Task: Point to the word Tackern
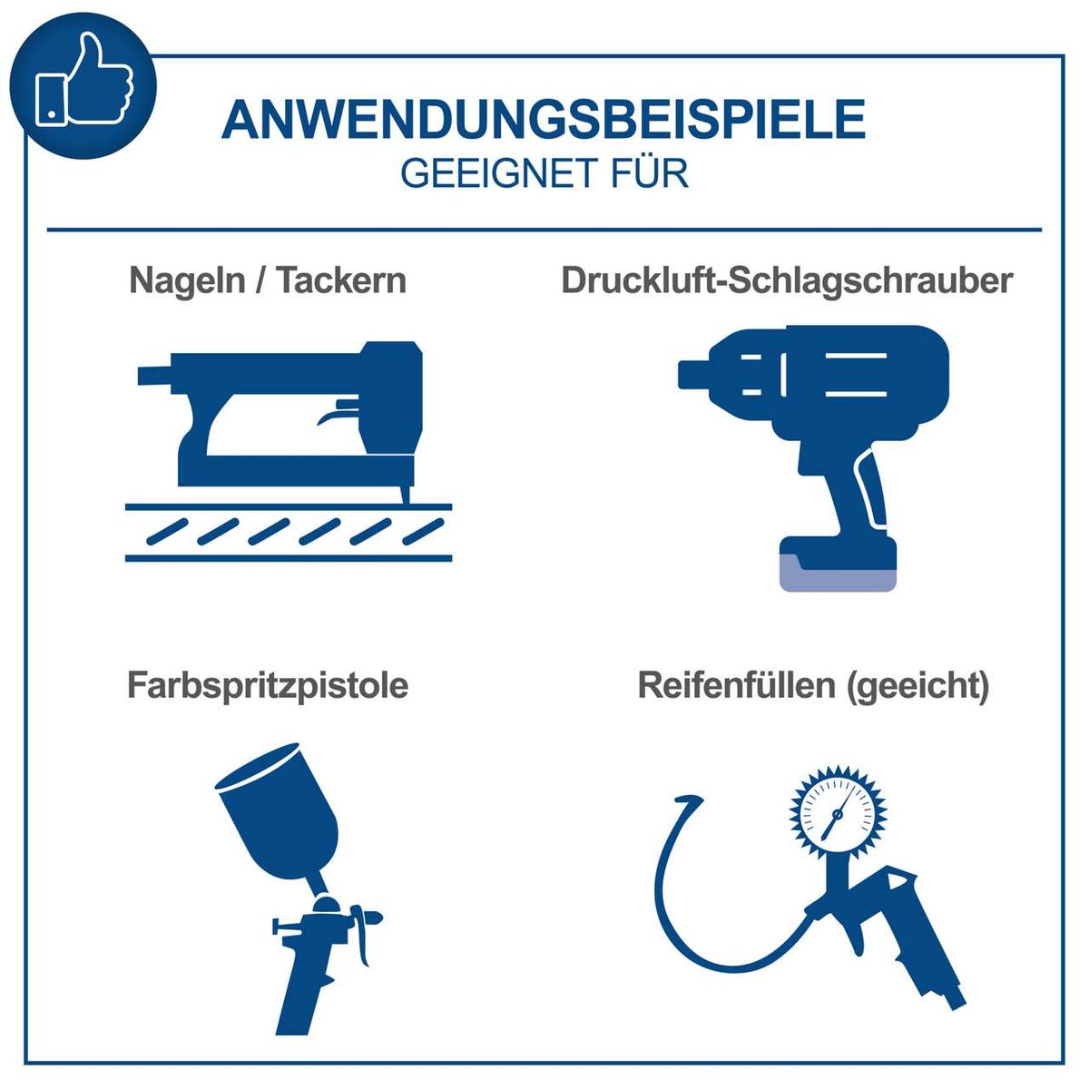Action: pos(341,280)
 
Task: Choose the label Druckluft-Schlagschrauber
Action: pos(786,280)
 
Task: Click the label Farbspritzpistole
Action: pos(268,685)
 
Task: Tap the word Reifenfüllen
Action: pos(736,685)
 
